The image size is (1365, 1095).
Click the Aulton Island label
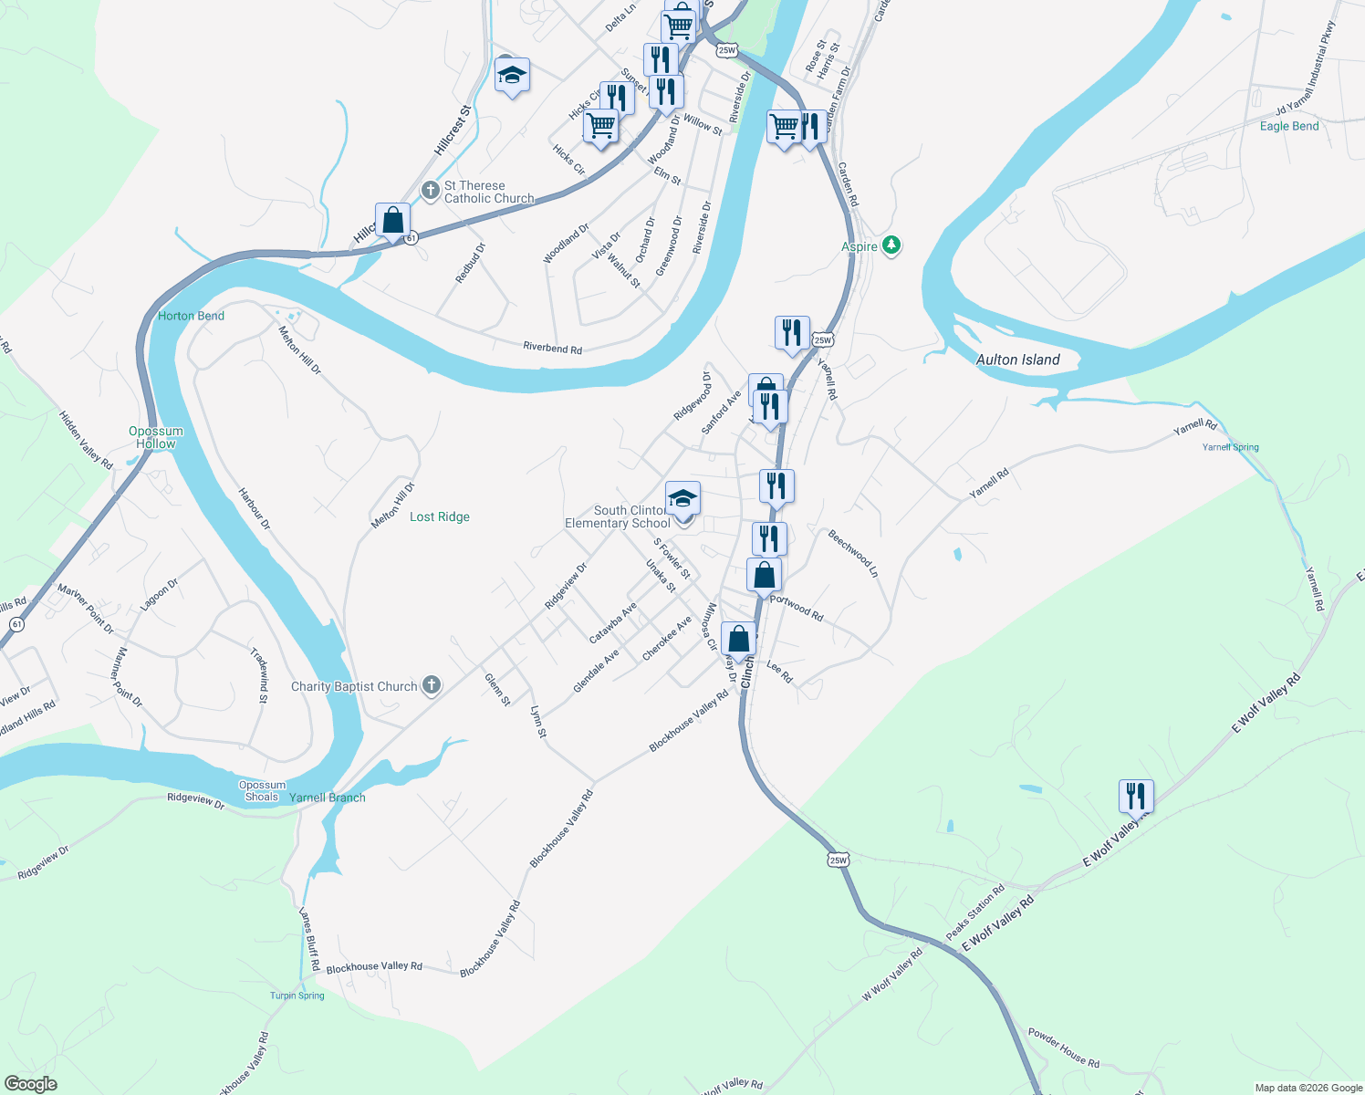point(1017,360)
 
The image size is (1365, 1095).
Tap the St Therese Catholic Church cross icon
point(431,192)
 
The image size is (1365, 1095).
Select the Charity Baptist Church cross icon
point(432,685)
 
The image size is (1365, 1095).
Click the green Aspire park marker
point(891,245)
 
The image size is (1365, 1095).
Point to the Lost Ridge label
point(440,516)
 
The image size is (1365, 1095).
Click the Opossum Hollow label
point(156,437)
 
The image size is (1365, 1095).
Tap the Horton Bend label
point(191,316)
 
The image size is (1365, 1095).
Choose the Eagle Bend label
point(1288,126)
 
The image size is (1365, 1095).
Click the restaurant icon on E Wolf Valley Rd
point(1136,796)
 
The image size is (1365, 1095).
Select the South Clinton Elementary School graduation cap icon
point(682,498)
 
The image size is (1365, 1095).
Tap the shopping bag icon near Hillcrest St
point(392,220)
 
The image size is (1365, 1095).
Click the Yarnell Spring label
point(1230,447)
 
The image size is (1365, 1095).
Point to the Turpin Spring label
point(297,996)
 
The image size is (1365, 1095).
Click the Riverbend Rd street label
point(552,348)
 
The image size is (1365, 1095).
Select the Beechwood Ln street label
point(852,553)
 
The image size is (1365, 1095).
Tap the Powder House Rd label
point(1063,1048)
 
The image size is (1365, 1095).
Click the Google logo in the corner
point(30,1084)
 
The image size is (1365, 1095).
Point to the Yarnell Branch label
point(327,798)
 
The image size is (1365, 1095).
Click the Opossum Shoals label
point(262,790)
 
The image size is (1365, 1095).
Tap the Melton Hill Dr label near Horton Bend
point(300,349)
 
